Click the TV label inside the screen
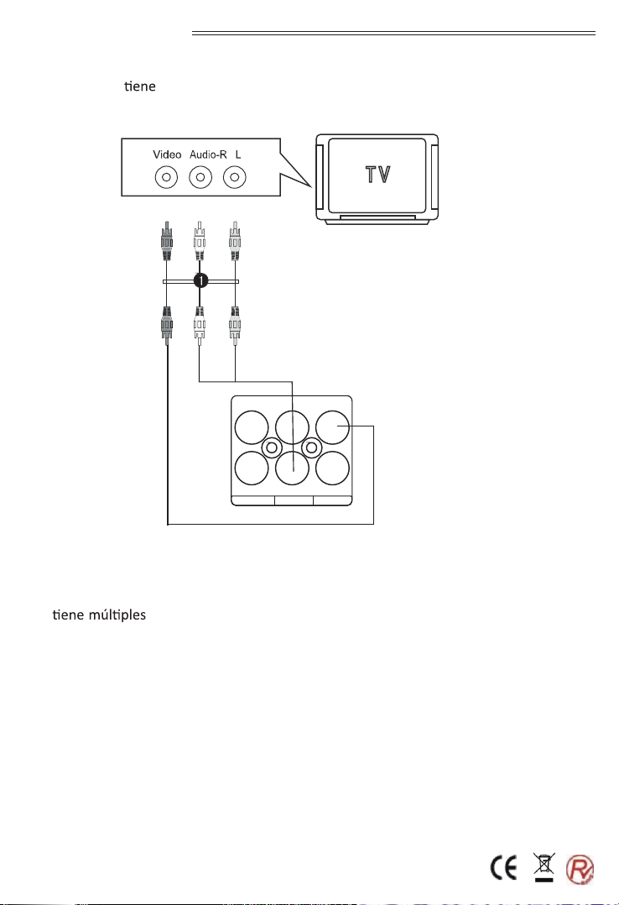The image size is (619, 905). tap(378, 175)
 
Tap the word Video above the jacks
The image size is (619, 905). tap(167, 154)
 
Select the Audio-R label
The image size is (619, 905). tap(208, 154)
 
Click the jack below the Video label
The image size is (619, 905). tap(166, 177)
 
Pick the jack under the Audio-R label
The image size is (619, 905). tap(200, 177)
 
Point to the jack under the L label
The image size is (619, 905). tap(234, 177)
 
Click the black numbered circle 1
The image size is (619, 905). tap(200, 281)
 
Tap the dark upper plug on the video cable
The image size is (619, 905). tap(166, 241)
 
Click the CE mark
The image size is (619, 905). tap(503, 867)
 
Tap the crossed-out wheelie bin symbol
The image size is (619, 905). tap(544, 867)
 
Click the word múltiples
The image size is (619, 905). tap(117, 615)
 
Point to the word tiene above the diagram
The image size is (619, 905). tap(140, 86)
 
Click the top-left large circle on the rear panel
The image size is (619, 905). tap(252, 427)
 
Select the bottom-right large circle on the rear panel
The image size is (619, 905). tap(333, 468)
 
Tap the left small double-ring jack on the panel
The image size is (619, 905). tap(272, 447)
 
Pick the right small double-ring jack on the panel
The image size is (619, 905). tap(311, 447)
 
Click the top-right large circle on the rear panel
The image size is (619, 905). tap(333, 427)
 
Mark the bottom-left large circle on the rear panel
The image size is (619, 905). tap(252, 468)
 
